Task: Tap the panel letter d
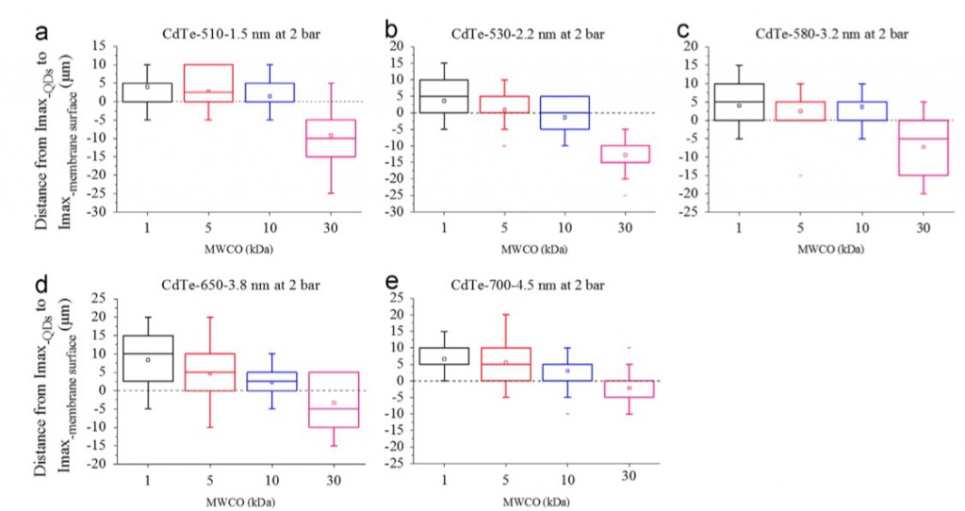point(41,287)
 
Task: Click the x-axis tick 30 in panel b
point(625,228)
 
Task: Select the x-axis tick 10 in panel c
point(861,228)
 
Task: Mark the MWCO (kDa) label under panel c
point(831,249)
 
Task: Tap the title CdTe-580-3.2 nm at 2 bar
point(832,34)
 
